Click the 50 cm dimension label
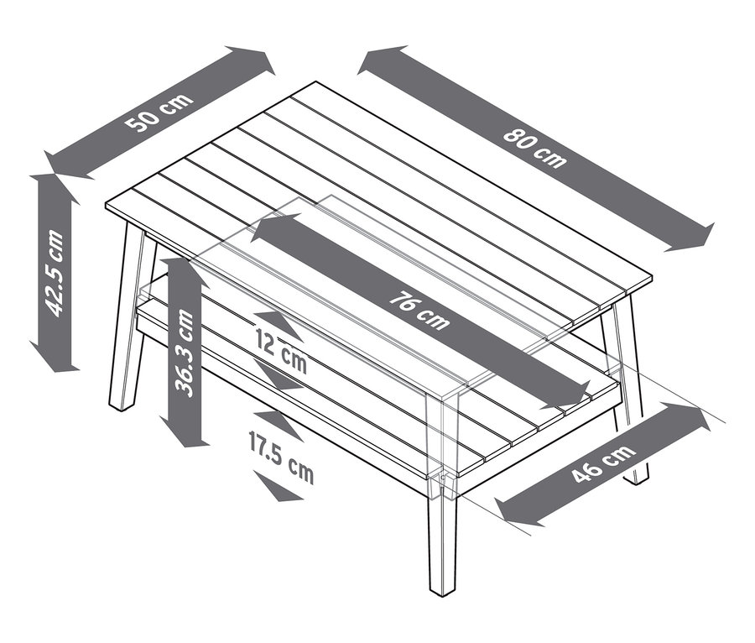pyautogui.click(x=159, y=113)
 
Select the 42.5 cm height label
pyautogui.click(x=55, y=272)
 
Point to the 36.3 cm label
pyautogui.click(x=185, y=353)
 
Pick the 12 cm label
pyautogui.click(x=281, y=350)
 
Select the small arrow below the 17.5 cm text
pyautogui.click(x=277, y=489)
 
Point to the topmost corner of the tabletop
pyautogui.click(x=316, y=82)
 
